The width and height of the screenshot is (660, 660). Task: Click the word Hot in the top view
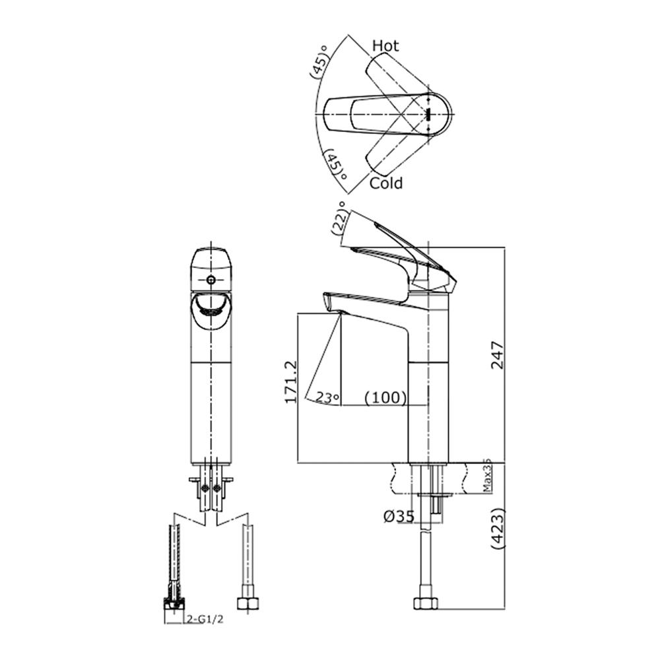[386, 46]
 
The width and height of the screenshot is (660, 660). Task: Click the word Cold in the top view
[386, 183]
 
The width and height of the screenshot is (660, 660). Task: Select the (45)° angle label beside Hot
[320, 63]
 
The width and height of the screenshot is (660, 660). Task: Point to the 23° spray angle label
[327, 397]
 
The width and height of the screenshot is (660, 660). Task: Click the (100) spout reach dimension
[385, 397]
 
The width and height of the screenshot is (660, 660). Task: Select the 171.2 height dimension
[288, 382]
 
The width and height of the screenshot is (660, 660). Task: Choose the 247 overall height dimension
[496, 354]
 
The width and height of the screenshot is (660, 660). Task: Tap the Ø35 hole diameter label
[399, 516]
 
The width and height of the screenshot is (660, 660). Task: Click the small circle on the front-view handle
[211, 280]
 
